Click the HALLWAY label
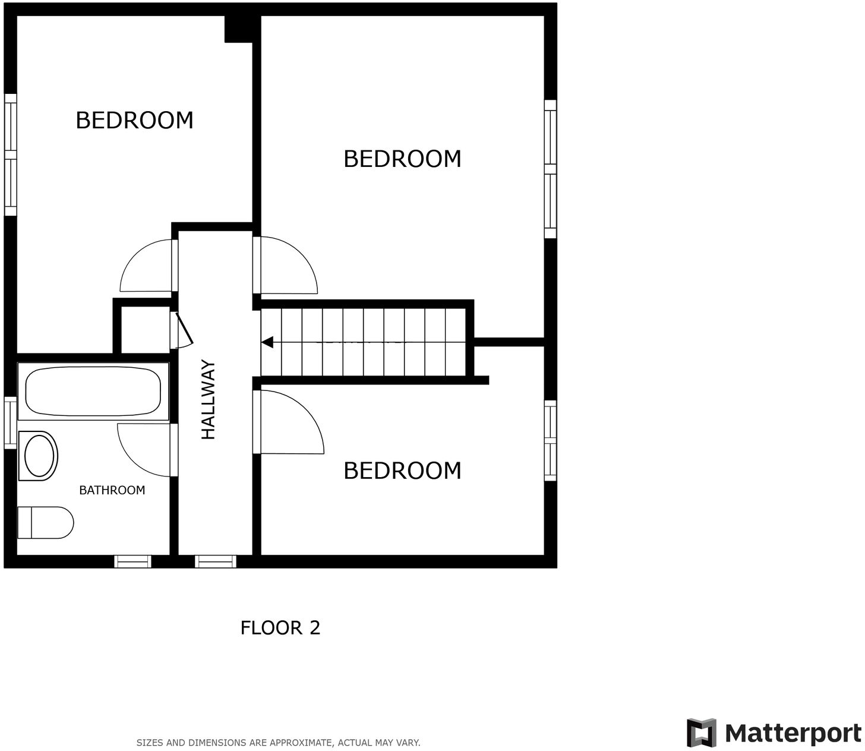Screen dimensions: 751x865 [x=209, y=400]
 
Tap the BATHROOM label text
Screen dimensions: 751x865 [x=112, y=490]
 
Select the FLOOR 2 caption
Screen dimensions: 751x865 [x=280, y=628]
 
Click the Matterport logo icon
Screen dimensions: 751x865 [x=701, y=733]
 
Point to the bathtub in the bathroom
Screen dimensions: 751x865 [x=93, y=391]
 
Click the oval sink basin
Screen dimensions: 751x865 [x=39, y=456]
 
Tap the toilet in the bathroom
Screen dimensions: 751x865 [x=45, y=523]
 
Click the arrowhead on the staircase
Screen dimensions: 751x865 [x=267, y=342]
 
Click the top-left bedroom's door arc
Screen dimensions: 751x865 [x=146, y=266]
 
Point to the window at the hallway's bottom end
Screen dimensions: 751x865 [x=215, y=561]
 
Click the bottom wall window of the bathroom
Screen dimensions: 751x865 [x=132, y=561]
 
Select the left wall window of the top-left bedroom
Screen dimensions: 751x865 [x=10, y=154]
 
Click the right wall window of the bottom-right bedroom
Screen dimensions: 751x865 [x=551, y=440]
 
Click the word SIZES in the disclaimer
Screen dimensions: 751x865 [x=150, y=743]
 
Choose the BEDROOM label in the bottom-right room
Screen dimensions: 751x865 [x=402, y=471]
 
